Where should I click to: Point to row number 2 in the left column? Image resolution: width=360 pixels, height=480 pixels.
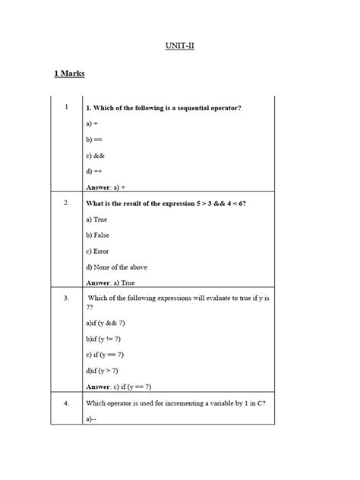tap(67, 204)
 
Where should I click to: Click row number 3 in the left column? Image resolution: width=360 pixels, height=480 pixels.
tap(67, 299)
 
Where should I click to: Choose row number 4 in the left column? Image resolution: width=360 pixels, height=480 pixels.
tap(67, 404)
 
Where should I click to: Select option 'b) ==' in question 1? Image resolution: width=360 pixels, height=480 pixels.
tap(95, 139)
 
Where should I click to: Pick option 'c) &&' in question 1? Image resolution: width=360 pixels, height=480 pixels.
tap(96, 156)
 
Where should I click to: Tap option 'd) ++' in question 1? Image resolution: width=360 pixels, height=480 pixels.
tap(95, 171)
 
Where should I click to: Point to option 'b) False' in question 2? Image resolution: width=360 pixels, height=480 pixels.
tap(98, 235)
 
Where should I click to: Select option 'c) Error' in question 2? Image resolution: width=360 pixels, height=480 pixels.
tap(98, 251)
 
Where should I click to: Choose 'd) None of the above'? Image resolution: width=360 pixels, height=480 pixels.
tap(118, 267)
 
